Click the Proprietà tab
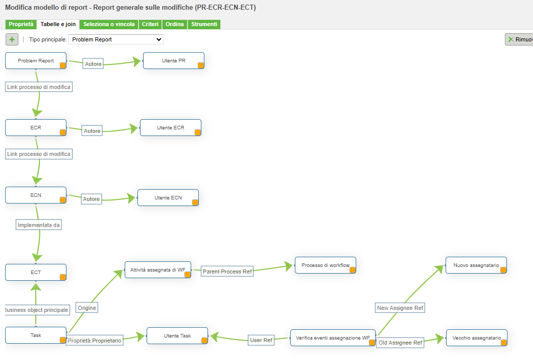tap(20, 25)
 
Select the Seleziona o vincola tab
tap(109, 25)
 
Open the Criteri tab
tap(150, 25)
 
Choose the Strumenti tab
tap(204, 25)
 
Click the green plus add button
tap(12, 39)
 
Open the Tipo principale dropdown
tap(116, 39)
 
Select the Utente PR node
tap(173, 60)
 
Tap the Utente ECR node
tap(170, 127)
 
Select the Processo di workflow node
tap(325, 265)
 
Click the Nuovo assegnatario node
tap(476, 265)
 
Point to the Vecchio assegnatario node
tap(476, 337)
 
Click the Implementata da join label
tap(39, 224)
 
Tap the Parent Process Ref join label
tap(227, 272)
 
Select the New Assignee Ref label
tap(400, 308)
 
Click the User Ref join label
tap(261, 340)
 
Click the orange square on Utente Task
tap(204, 341)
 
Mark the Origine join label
tap(87, 308)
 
